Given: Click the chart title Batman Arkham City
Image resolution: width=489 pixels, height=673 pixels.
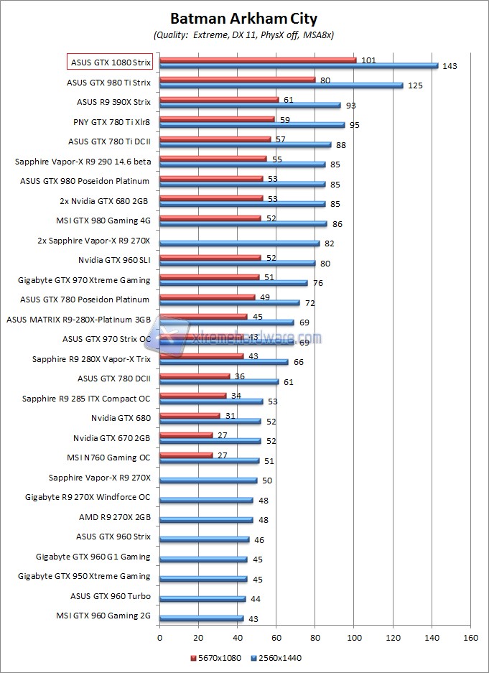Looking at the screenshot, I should click(x=243, y=19).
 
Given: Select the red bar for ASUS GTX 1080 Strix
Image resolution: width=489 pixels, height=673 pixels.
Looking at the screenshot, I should click(x=258, y=60).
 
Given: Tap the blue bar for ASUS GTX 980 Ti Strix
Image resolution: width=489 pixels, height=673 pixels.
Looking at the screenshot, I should click(x=281, y=85).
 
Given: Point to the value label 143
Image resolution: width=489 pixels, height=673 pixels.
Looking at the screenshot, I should click(x=450, y=66).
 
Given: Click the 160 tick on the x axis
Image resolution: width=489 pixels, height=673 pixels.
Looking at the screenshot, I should click(x=470, y=636).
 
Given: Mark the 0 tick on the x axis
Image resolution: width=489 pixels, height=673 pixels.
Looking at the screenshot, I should click(x=159, y=636).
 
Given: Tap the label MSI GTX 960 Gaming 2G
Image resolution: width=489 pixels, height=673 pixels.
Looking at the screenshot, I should click(x=103, y=615).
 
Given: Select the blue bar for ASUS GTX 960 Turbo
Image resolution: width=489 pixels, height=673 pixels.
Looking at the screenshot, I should click(x=202, y=598).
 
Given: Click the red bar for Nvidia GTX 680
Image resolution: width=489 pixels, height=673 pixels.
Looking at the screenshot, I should click(x=190, y=415).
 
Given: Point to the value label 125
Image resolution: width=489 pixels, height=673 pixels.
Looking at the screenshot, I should click(x=415, y=85).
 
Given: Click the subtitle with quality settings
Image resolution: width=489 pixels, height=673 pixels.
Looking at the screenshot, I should click(x=243, y=34).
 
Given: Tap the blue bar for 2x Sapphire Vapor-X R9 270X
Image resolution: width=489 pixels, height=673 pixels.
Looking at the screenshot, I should click(x=239, y=243).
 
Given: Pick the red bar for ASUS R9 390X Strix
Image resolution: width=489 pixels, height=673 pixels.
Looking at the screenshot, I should click(x=219, y=99).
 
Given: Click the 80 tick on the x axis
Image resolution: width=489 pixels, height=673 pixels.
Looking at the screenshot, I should click(x=315, y=636).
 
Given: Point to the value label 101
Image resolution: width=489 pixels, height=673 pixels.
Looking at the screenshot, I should click(x=368, y=60).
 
